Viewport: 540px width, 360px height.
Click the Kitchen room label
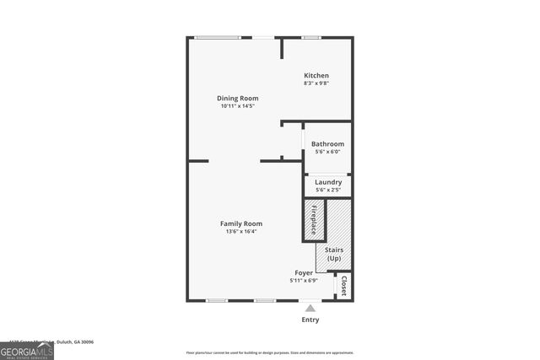[x=316, y=76]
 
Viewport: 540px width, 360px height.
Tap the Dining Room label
[x=238, y=98]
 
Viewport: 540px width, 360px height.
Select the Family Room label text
[x=241, y=223]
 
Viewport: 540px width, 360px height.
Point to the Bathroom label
[x=327, y=144]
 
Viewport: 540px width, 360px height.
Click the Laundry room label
[x=328, y=182]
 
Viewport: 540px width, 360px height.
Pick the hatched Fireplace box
[x=314, y=220]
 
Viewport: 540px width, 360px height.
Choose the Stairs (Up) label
[x=333, y=254]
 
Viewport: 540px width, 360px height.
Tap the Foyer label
[x=304, y=273]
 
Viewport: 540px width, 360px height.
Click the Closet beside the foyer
[x=343, y=287]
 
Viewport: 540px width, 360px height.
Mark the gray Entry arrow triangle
[x=310, y=309]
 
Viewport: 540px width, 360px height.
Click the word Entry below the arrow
[x=310, y=320]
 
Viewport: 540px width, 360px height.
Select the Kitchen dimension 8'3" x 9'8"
[x=316, y=83]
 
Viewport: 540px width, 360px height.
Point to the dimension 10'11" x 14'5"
[x=238, y=106]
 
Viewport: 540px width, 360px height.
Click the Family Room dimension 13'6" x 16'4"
[x=241, y=231]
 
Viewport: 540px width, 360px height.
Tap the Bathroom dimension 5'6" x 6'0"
[x=327, y=152]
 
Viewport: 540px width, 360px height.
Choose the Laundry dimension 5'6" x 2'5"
[x=328, y=190]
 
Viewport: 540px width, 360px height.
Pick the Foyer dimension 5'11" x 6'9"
[x=304, y=281]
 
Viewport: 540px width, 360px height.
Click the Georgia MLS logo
[x=27, y=350]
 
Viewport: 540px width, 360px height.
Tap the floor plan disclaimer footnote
[x=270, y=352]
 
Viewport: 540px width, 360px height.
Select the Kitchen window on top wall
[x=311, y=37]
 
